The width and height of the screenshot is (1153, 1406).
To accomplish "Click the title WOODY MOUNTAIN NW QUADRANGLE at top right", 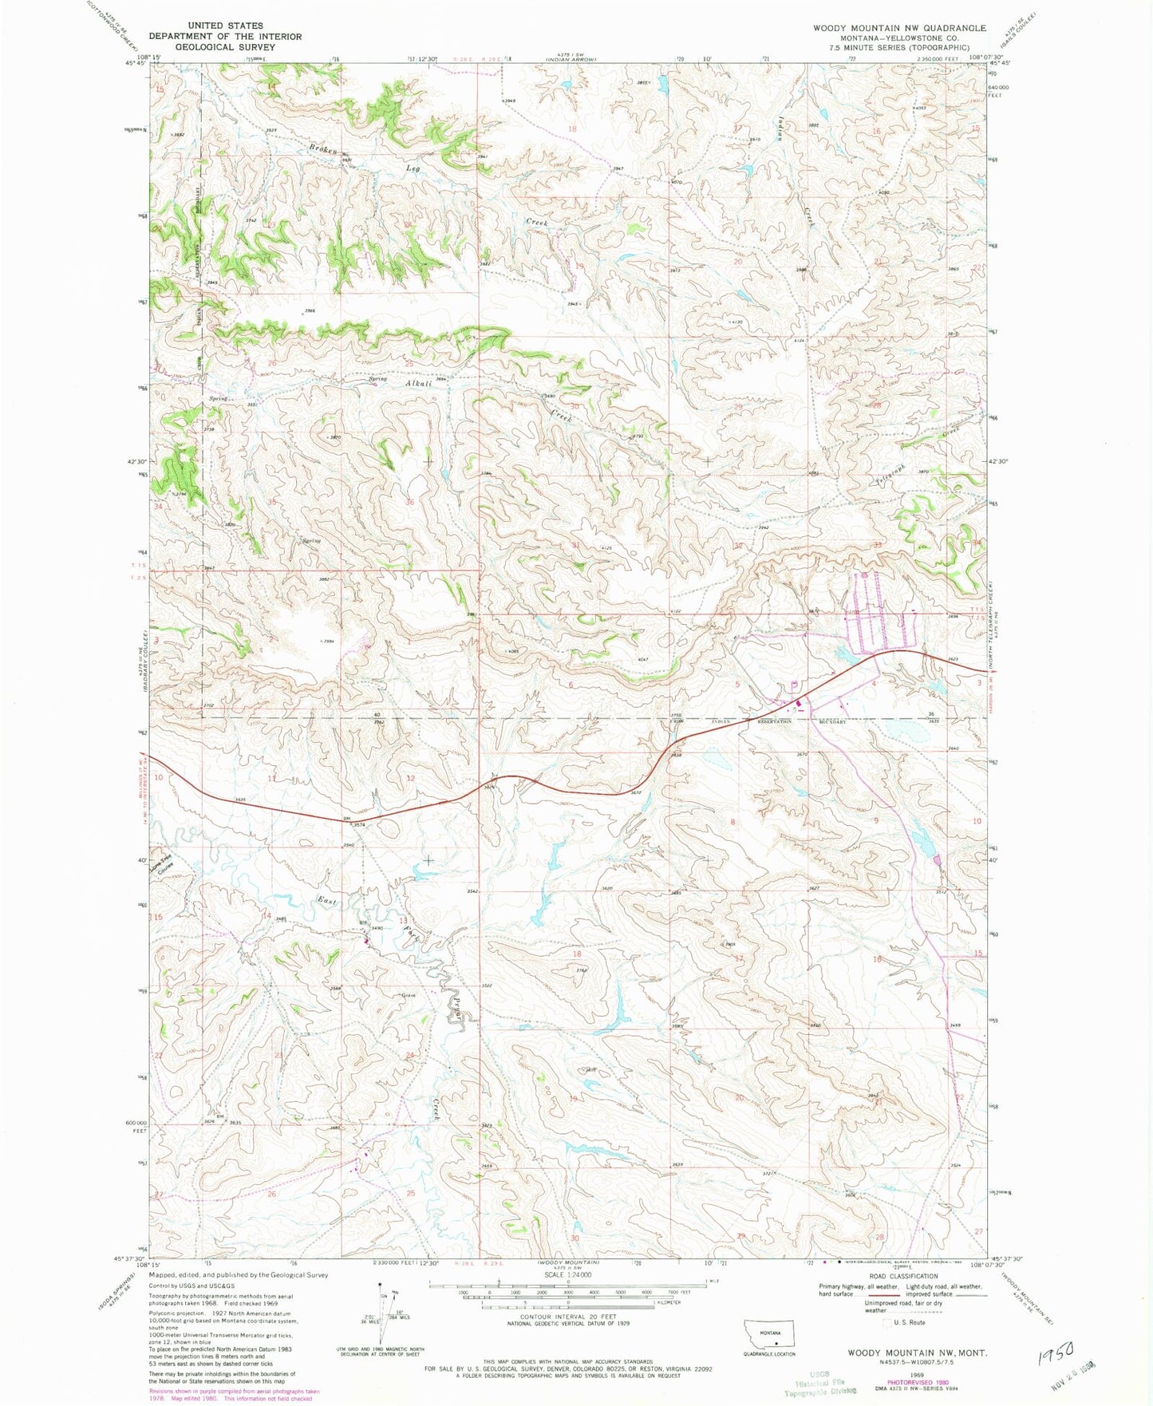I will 899,28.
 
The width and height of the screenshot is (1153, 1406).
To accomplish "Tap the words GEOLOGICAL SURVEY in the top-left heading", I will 225,47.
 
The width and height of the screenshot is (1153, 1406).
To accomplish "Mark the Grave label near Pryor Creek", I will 410,995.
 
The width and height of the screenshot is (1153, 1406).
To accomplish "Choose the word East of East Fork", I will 327,901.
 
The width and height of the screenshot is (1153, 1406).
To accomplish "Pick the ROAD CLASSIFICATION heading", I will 905,1276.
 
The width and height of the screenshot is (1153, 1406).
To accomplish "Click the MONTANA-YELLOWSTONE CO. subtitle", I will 899,38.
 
